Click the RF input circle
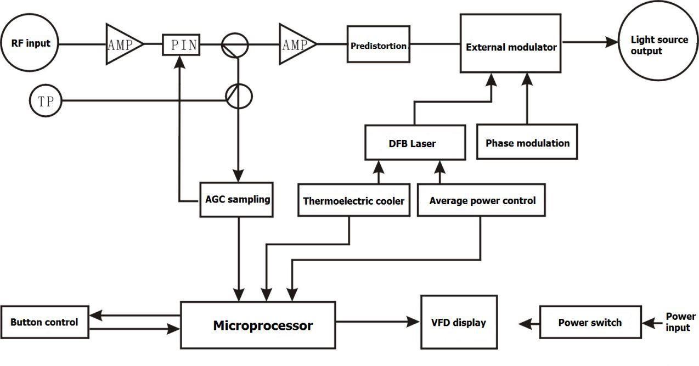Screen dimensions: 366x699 point(31,43)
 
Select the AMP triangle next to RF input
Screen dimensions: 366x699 point(122,44)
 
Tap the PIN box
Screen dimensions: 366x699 point(181,44)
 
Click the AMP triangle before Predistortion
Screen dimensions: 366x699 point(295,44)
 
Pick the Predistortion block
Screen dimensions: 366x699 point(379,44)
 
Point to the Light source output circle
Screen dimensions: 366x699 point(658,45)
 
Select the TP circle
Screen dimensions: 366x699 point(46,100)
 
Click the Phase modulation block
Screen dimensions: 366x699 point(527,143)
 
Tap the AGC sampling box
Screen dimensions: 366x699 point(237,200)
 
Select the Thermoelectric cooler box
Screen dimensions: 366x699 point(353,201)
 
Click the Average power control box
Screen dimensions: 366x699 point(482,201)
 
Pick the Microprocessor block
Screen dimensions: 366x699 point(258,325)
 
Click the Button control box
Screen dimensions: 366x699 point(44,322)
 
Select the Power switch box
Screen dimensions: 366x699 point(590,323)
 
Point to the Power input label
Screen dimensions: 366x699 point(680,322)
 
